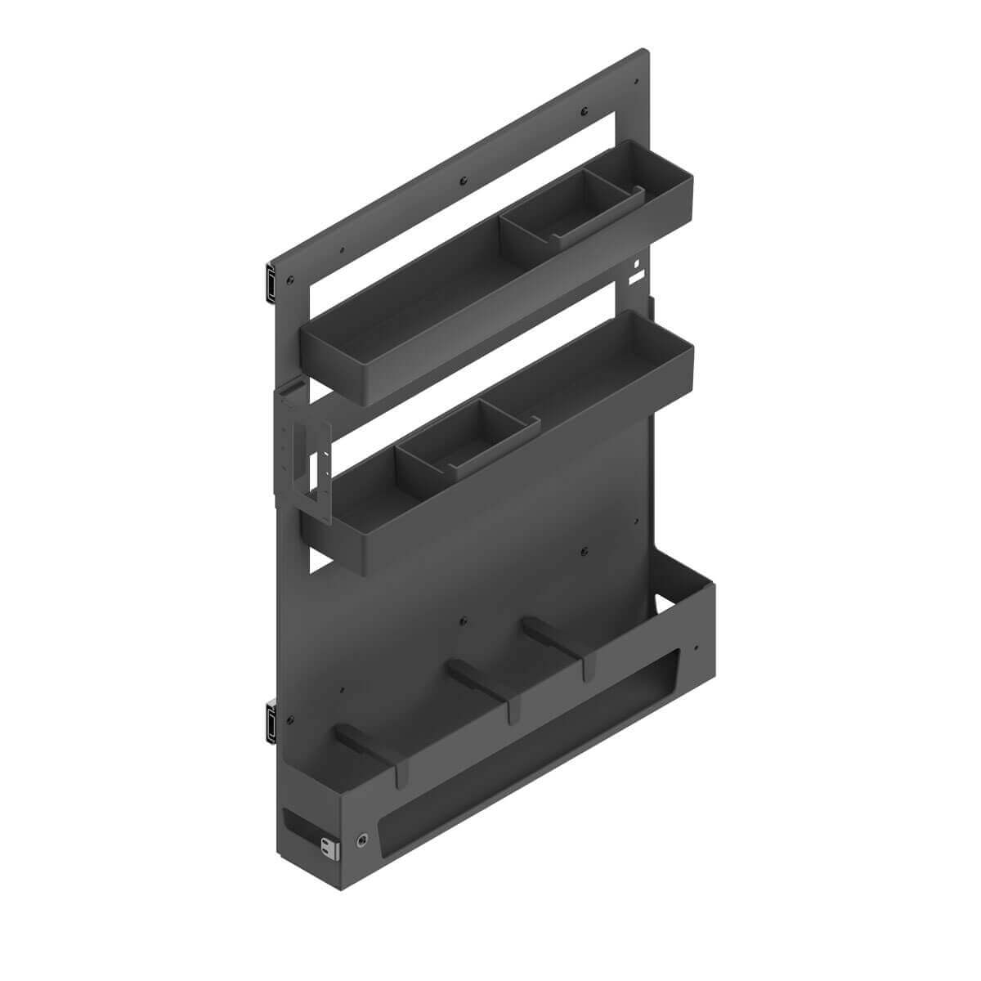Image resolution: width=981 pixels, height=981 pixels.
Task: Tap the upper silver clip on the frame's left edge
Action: coord(268,280)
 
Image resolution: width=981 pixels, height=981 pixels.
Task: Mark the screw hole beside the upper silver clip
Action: coord(289,280)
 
